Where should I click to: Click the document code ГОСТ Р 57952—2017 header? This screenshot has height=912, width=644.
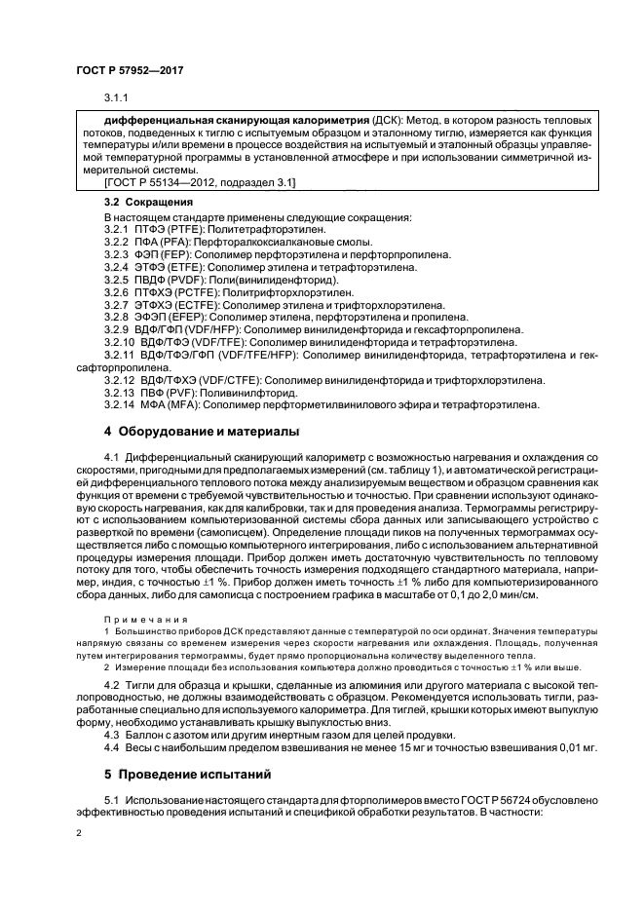pyautogui.click(x=130, y=72)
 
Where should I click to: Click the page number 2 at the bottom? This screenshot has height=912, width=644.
pyautogui.click(x=81, y=834)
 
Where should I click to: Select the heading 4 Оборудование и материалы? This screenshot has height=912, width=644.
pyautogui.click(x=202, y=431)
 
